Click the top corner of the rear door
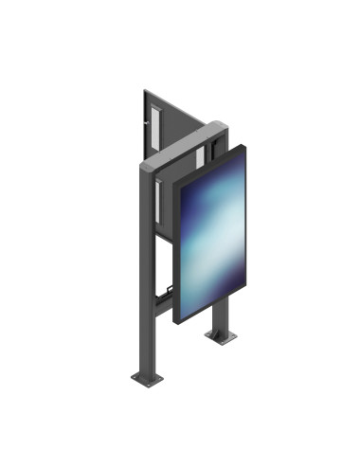coord(144,91)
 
